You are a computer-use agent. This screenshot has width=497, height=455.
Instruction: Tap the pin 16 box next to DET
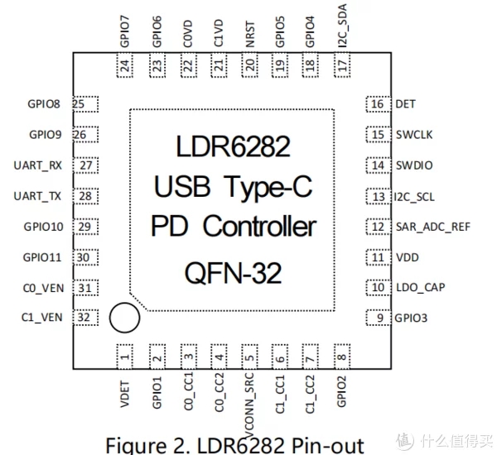378,104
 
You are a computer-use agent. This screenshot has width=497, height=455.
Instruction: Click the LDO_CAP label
421,288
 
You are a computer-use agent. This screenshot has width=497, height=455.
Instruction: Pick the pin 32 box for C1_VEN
84,318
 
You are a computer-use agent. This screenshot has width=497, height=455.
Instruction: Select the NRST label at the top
249,36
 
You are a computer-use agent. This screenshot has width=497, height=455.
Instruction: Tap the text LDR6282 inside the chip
233,147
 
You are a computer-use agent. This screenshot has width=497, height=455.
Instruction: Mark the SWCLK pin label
415,135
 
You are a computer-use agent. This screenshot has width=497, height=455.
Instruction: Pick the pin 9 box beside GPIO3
378,318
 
